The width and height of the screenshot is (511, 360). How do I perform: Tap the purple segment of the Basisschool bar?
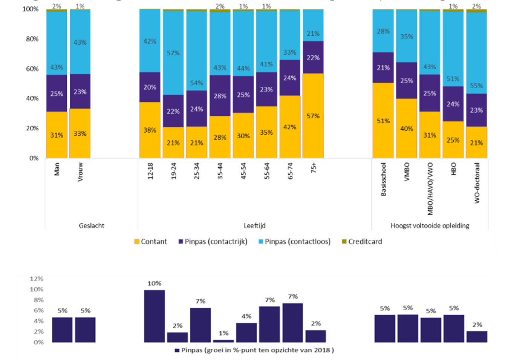383,67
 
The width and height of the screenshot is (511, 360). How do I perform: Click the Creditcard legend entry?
362,242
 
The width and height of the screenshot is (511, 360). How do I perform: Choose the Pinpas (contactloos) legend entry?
294,242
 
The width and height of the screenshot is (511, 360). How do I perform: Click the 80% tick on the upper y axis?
32,39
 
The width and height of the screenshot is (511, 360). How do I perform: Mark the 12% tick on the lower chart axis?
37,279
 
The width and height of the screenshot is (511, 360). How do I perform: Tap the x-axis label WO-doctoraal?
477,183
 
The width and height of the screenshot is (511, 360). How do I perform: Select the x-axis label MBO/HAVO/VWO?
430,188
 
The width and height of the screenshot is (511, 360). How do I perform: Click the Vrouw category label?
80,172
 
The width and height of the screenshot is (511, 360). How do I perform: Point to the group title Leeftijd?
254,225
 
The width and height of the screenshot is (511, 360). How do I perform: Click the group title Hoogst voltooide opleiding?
430,225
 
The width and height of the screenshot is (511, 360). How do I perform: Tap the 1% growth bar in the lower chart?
223,341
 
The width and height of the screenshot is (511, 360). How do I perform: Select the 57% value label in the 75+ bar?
313,116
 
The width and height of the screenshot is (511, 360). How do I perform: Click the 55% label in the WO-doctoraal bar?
476,86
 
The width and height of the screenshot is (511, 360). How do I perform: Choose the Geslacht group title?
91,225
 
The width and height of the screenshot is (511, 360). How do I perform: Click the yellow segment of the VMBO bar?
407,128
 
